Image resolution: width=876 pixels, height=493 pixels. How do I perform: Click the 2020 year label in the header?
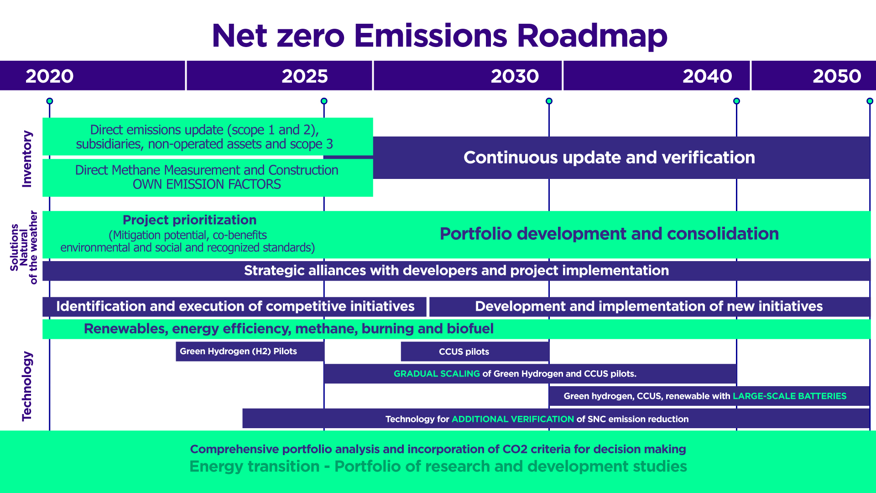click(49, 76)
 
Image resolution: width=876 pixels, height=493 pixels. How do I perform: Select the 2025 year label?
click(305, 76)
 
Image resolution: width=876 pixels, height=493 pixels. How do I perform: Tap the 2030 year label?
click(515, 76)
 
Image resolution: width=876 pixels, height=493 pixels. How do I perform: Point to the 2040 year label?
click(707, 76)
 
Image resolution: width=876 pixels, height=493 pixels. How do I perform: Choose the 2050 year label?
click(837, 76)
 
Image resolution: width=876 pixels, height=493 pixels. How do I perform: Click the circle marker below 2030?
click(549, 101)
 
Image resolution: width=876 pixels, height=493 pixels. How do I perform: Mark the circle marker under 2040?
click(736, 101)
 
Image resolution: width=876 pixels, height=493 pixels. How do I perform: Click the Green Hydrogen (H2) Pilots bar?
click(250, 351)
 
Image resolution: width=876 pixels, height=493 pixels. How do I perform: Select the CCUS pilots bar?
click(475, 351)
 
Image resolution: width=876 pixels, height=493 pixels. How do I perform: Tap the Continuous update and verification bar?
click(621, 157)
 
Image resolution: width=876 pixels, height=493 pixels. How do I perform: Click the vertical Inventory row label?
click(27, 159)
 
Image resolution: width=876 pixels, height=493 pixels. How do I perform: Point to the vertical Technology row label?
click(27, 386)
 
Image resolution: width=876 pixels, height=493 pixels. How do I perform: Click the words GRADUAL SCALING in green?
click(437, 374)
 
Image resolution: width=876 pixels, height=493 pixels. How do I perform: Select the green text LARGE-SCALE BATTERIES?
click(789, 396)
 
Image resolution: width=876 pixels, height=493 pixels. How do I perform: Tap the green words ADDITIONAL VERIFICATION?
click(513, 419)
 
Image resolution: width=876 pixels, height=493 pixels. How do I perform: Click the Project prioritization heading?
click(189, 220)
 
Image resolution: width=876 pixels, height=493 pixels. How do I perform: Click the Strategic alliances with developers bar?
click(456, 271)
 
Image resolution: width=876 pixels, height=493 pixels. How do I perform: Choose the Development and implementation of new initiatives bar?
click(650, 306)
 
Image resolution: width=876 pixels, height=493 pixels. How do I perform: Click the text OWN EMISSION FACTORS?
click(207, 184)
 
